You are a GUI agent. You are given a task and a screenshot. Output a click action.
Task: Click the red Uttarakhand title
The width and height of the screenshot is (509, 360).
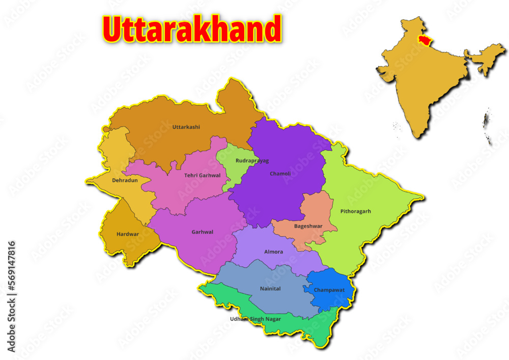pyautogui.click(x=192, y=29)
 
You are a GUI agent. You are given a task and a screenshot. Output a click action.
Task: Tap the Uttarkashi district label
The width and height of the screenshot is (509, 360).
pyautogui.click(x=186, y=127)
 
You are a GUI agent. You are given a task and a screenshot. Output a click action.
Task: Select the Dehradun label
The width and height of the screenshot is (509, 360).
pyautogui.click(x=125, y=180)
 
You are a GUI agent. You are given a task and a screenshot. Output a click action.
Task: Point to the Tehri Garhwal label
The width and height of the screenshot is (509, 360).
pyautogui.click(x=202, y=176)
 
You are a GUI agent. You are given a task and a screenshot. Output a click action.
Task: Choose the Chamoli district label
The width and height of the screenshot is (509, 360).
pyautogui.click(x=280, y=174)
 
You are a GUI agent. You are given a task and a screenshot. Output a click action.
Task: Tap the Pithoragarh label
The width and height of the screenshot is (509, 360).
pyautogui.click(x=355, y=211)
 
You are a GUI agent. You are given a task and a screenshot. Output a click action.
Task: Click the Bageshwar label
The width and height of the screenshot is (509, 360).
pyautogui.click(x=308, y=226)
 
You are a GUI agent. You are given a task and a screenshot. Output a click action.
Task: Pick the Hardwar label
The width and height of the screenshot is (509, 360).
pyautogui.click(x=127, y=234)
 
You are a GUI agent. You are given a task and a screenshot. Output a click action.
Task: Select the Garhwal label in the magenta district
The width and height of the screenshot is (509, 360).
pyautogui.click(x=202, y=232)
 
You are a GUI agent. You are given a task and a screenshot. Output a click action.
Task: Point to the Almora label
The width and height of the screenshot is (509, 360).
pyautogui.click(x=273, y=252)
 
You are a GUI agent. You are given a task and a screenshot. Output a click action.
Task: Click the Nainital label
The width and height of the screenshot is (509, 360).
pyautogui.click(x=270, y=289)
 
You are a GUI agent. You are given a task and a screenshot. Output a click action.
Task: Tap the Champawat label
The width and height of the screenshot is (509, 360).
pyautogui.click(x=329, y=290)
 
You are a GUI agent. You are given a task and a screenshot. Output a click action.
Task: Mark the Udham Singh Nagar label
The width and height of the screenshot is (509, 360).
pyautogui.click(x=255, y=319)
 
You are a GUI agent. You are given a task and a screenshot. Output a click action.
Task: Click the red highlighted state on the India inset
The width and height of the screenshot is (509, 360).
pyautogui.click(x=421, y=40)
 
